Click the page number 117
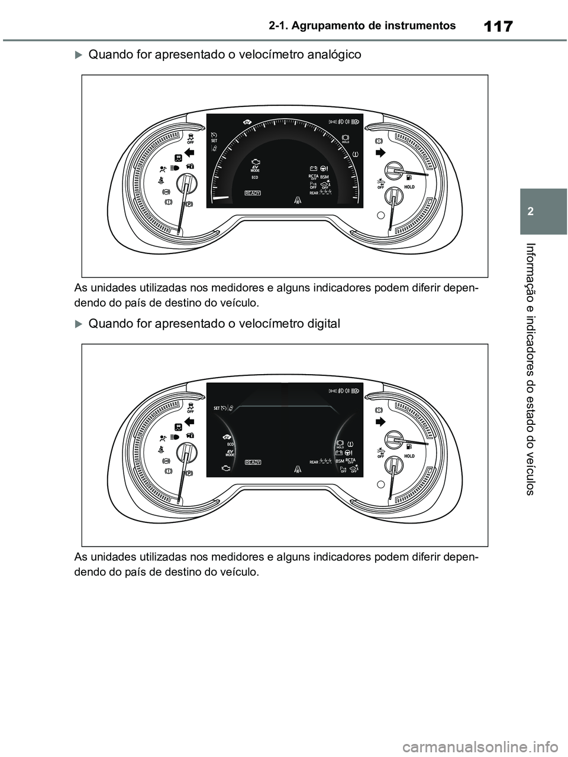point(498,27)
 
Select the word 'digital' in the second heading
point(320,324)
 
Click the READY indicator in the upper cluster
point(253,193)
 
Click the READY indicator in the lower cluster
point(253,463)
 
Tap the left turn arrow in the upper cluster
point(190,154)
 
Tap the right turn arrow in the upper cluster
point(379,153)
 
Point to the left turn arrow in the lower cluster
point(190,421)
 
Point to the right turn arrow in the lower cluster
point(379,421)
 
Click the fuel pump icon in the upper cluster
point(409,176)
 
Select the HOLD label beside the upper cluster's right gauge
point(409,186)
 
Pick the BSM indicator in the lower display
point(340,460)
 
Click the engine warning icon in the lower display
point(225,468)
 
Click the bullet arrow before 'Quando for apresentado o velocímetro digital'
point(79,324)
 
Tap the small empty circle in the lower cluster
point(381,483)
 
